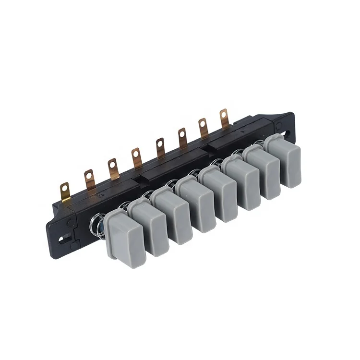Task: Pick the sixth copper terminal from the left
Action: [182, 136]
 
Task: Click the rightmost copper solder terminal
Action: [224, 117]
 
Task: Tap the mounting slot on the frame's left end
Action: [61, 236]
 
